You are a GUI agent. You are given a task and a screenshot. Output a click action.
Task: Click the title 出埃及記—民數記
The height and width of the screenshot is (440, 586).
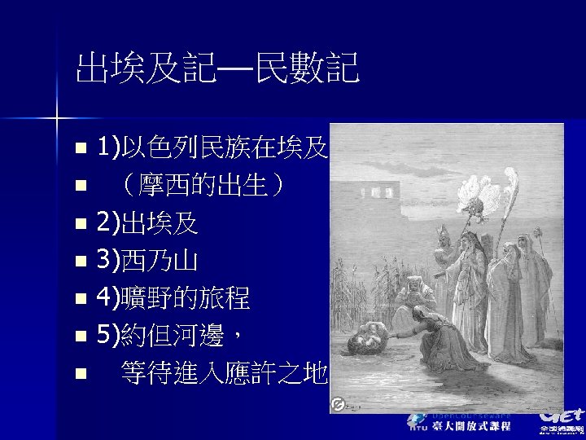[x=217, y=69]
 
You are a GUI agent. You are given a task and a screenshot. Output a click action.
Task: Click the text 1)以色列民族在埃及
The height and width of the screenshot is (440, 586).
[x=212, y=147]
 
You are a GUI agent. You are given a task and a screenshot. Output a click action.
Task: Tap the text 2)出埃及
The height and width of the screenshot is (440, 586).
[x=146, y=222]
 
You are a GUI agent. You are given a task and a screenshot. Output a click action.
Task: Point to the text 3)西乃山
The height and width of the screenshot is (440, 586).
[x=146, y=261]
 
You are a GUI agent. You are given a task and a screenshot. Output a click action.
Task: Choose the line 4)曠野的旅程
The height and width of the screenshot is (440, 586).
[x=173, y=298]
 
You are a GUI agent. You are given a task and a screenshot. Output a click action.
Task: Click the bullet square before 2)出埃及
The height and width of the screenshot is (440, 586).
[x=78, y=223]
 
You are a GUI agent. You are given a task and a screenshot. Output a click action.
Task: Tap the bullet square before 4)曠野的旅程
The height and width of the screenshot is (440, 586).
[x=78, y=299]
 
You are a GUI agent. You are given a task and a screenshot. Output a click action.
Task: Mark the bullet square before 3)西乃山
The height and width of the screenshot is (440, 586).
[x=78, y=262]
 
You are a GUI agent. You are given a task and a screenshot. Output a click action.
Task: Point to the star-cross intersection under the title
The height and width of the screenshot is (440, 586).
[x=58, y=120]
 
